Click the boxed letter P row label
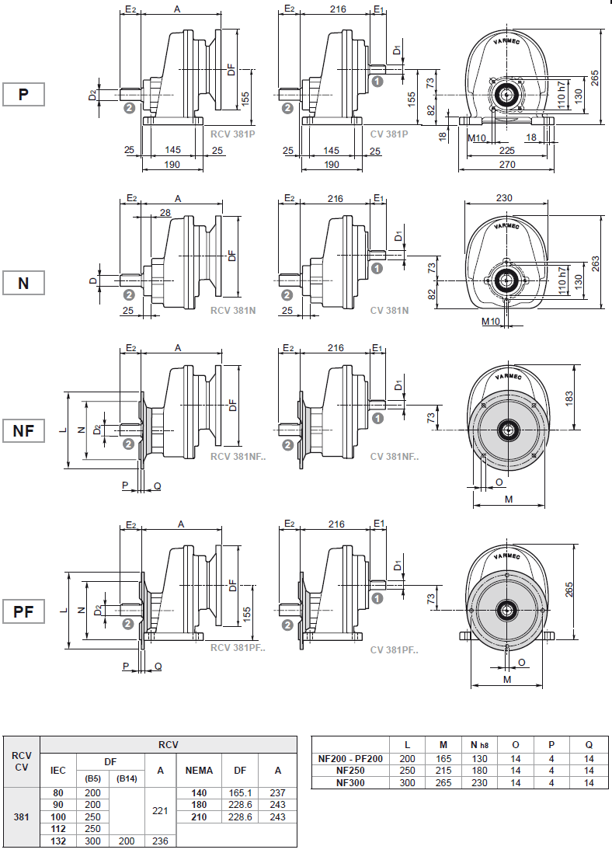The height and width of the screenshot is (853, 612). (23, 94)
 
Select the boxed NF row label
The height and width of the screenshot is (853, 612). (23, 430)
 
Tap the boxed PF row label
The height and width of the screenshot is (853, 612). (23, 611)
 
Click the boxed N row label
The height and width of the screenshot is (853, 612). (23, 283)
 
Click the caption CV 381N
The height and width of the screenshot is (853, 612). (389, 310)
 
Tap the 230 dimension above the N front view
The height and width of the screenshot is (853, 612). (505, 198)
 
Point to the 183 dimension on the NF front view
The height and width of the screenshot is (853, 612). (569, 397)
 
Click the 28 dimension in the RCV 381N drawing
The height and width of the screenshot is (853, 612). (165, 213)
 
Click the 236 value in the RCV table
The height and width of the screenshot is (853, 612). (161, 841)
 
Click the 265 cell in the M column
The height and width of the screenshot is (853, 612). (443, 782)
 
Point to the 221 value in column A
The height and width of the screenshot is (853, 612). (161, 810)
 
